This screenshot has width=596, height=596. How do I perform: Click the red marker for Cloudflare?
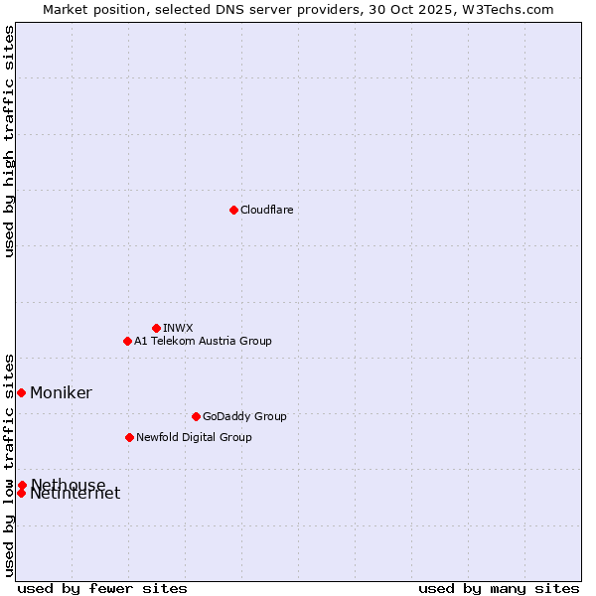click(233, 210)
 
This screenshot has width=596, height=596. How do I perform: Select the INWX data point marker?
click(156, 328)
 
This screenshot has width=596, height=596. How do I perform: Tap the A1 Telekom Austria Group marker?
click(127, 341)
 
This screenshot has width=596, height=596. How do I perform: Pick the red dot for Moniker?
click(21, 392)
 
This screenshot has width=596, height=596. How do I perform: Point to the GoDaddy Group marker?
click(196, 416)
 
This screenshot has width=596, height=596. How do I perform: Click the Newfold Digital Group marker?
click(129, 437)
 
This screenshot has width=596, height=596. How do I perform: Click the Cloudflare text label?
click(267, 210)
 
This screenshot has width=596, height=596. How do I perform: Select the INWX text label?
click(179, 328)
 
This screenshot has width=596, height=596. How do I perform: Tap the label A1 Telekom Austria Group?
click(203, 341)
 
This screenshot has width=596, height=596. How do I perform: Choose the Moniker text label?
click(61, 392)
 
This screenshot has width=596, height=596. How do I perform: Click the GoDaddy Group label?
click(244, 416)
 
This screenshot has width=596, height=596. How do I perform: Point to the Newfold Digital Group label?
click(194, 437)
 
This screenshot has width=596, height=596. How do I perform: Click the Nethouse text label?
click(68, 484)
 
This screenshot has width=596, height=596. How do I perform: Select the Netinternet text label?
click(74, 494)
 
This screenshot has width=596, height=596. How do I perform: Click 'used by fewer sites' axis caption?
click(102, 588)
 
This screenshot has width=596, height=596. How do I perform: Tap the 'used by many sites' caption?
click(499, 588)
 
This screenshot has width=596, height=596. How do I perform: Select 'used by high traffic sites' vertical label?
click(9, 142)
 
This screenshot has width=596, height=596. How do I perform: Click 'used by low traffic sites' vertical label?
click(9, 465)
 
